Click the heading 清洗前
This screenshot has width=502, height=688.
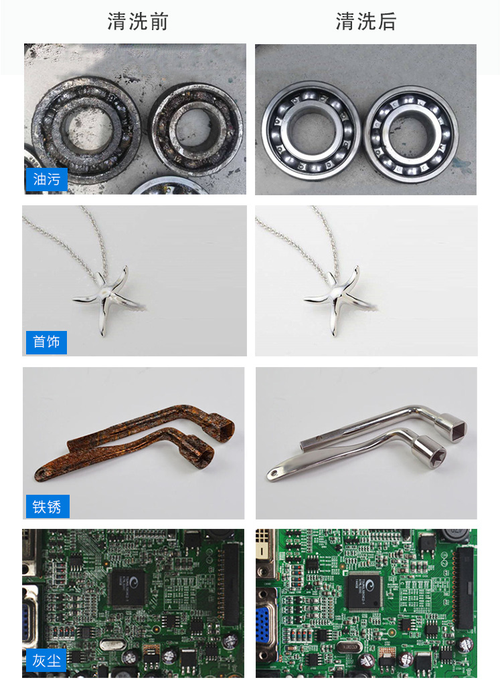pos(138,21)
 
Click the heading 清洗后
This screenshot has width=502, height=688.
pos(366,21)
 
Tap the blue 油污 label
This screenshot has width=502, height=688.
pos(47,179)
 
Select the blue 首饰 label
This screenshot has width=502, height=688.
pos(46,342)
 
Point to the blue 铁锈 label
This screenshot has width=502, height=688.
pos(47,506)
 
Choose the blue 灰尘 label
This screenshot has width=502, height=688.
pos(46,661)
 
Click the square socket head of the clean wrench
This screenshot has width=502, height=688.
pos(450,427)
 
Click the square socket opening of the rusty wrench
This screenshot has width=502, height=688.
pos(226,427)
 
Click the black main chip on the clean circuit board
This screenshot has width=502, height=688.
pos(365,590)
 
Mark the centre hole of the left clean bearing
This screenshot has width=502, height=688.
pos(311,131)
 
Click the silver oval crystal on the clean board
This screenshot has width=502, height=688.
pos(349,647)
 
